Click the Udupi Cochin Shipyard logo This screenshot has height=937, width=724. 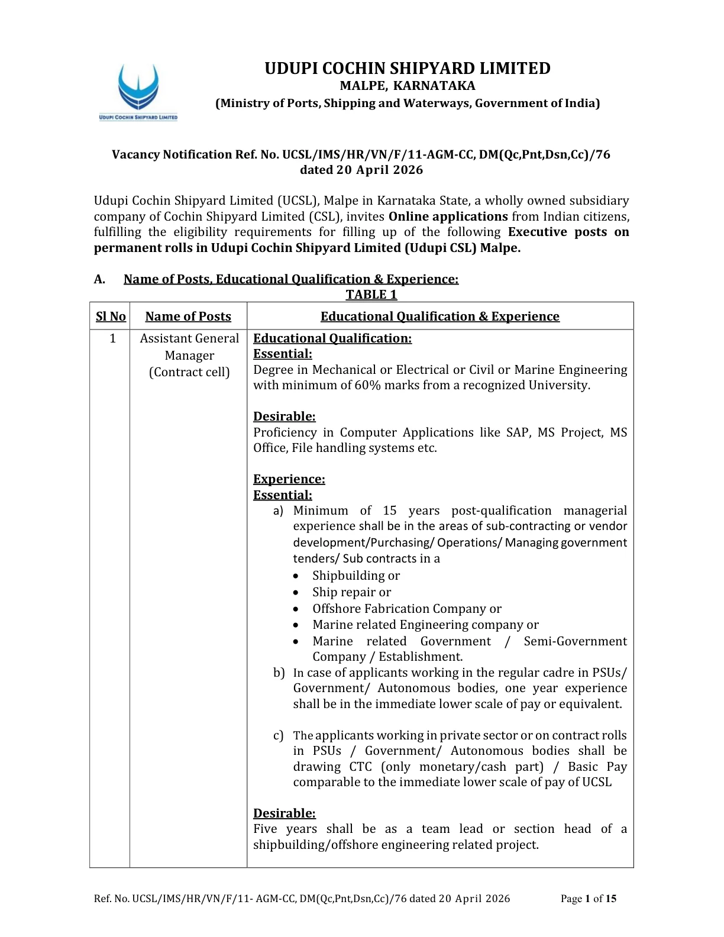(x=138, y=91)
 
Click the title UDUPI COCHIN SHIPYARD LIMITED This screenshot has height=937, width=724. (x=407, y=69)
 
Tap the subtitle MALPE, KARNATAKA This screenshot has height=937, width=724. (x=407, y=86)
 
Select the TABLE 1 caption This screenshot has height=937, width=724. (x=371, y=295)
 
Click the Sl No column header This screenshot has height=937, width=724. (x=111, y=316)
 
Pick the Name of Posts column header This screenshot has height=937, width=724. (x=188, y=316)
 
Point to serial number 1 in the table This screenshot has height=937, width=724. (x=112, y=338)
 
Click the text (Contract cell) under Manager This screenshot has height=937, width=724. (x=189, y=372)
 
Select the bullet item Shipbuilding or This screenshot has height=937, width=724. (x=355, y=576)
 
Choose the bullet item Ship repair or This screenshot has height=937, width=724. (x=351, y=592)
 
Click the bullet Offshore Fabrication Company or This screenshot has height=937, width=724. (x=406, y=609)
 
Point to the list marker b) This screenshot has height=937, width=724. (x=279, y=673)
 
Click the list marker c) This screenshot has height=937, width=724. (x=279, y=735)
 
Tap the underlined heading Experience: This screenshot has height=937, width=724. (x=289, y=479)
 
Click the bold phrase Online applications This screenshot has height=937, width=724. (x=448, y=217)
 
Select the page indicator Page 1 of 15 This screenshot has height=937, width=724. (x=588, y=899)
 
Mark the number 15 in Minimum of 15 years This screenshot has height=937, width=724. (x=389, y=510)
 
